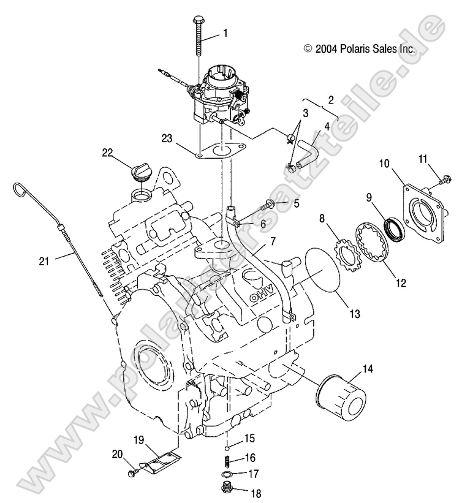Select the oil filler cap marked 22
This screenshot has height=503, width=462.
141,173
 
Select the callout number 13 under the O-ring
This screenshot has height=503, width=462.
354,313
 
